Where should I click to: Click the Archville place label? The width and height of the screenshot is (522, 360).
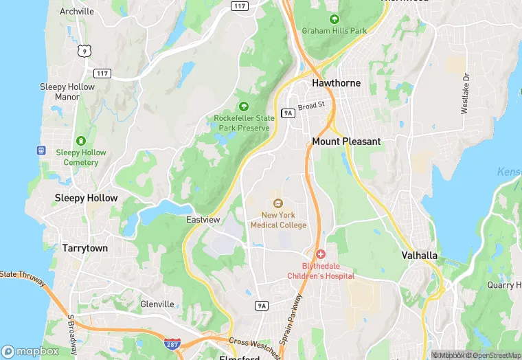(77, 12)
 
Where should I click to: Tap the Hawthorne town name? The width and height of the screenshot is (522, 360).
(336, 83)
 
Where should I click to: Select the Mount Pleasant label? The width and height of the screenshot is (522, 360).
(346, 142)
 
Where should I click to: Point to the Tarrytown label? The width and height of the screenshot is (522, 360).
(85, 248)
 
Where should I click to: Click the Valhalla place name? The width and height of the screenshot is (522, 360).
(419, 256)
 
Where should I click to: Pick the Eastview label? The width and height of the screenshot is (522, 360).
(203, 220)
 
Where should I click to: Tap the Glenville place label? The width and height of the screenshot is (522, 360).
(157, 304)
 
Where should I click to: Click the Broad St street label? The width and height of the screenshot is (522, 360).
(315, 106)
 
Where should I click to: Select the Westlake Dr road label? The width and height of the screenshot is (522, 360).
(465, 93)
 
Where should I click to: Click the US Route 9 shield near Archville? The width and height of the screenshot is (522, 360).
(84, 50)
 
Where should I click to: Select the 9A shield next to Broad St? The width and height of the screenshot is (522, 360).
(288, 113)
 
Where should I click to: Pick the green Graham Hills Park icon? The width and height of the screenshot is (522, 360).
(334, 19)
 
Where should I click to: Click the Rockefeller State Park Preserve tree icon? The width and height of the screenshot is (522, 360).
(243, 106)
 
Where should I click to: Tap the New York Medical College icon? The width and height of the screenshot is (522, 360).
(278, 203)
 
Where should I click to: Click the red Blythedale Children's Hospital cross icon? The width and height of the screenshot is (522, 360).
(320, 255)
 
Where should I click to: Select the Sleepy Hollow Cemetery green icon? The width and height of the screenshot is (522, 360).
(81, 141)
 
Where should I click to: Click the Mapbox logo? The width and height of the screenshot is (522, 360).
(30, 351)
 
